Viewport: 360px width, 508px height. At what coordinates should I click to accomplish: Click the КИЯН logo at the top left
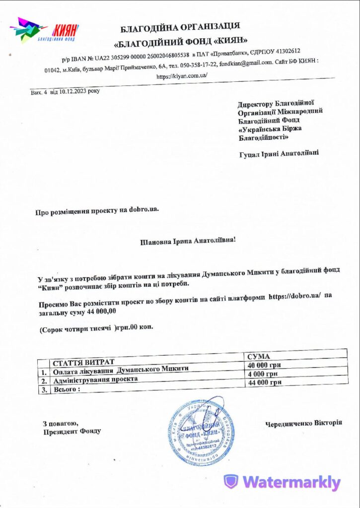44,29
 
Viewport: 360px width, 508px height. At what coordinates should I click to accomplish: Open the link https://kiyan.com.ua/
181,76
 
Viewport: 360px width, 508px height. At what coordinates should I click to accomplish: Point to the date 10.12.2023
75,92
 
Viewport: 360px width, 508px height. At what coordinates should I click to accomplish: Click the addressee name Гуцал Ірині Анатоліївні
279,154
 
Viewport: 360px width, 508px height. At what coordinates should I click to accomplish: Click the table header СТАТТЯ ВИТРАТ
83,361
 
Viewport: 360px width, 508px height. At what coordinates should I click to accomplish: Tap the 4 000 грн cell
263,374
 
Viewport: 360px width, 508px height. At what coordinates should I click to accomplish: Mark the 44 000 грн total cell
265,382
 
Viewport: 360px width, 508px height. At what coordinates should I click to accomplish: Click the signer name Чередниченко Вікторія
303,423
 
